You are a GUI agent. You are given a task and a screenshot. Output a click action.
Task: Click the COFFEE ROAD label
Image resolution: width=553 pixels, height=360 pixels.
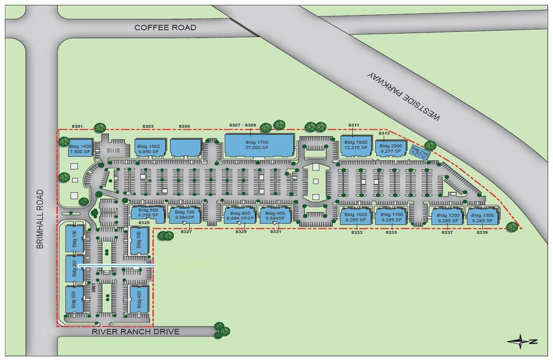[x=166, y=28]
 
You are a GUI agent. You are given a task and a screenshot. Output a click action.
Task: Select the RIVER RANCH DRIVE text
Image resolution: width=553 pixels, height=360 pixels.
[x=136, y=332]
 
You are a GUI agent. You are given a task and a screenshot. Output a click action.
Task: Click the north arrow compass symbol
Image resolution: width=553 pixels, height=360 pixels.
[x=524, y=340]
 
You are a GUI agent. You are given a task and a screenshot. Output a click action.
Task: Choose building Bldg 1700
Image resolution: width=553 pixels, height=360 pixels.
[x=259, y=145]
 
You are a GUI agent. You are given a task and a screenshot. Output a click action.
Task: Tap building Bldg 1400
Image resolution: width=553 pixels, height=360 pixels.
[x=80, y=149]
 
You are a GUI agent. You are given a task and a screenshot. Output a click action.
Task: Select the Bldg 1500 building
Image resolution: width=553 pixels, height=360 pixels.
[x=150, y=148]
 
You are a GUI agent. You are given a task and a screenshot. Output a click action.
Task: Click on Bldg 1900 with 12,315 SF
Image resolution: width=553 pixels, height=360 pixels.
[x=355, y=145]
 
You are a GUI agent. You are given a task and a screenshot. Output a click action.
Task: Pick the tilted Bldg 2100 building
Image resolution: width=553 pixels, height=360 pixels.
[x=420, y=151]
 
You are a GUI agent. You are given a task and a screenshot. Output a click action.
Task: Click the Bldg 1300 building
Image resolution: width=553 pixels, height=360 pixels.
[x=483, y=217]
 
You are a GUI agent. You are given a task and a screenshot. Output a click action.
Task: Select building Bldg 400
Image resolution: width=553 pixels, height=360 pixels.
[x=139, y=301]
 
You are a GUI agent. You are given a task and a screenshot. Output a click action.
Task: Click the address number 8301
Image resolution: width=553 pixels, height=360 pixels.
[x=77, y=126]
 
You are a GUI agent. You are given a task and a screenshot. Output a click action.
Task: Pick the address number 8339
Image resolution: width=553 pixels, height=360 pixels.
[x=483, y=233]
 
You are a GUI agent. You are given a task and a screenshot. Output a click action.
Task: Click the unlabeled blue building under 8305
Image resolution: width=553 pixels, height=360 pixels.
[x=185, y=148]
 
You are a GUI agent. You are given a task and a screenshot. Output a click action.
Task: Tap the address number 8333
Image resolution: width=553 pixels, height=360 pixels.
[x=357, y=233]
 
